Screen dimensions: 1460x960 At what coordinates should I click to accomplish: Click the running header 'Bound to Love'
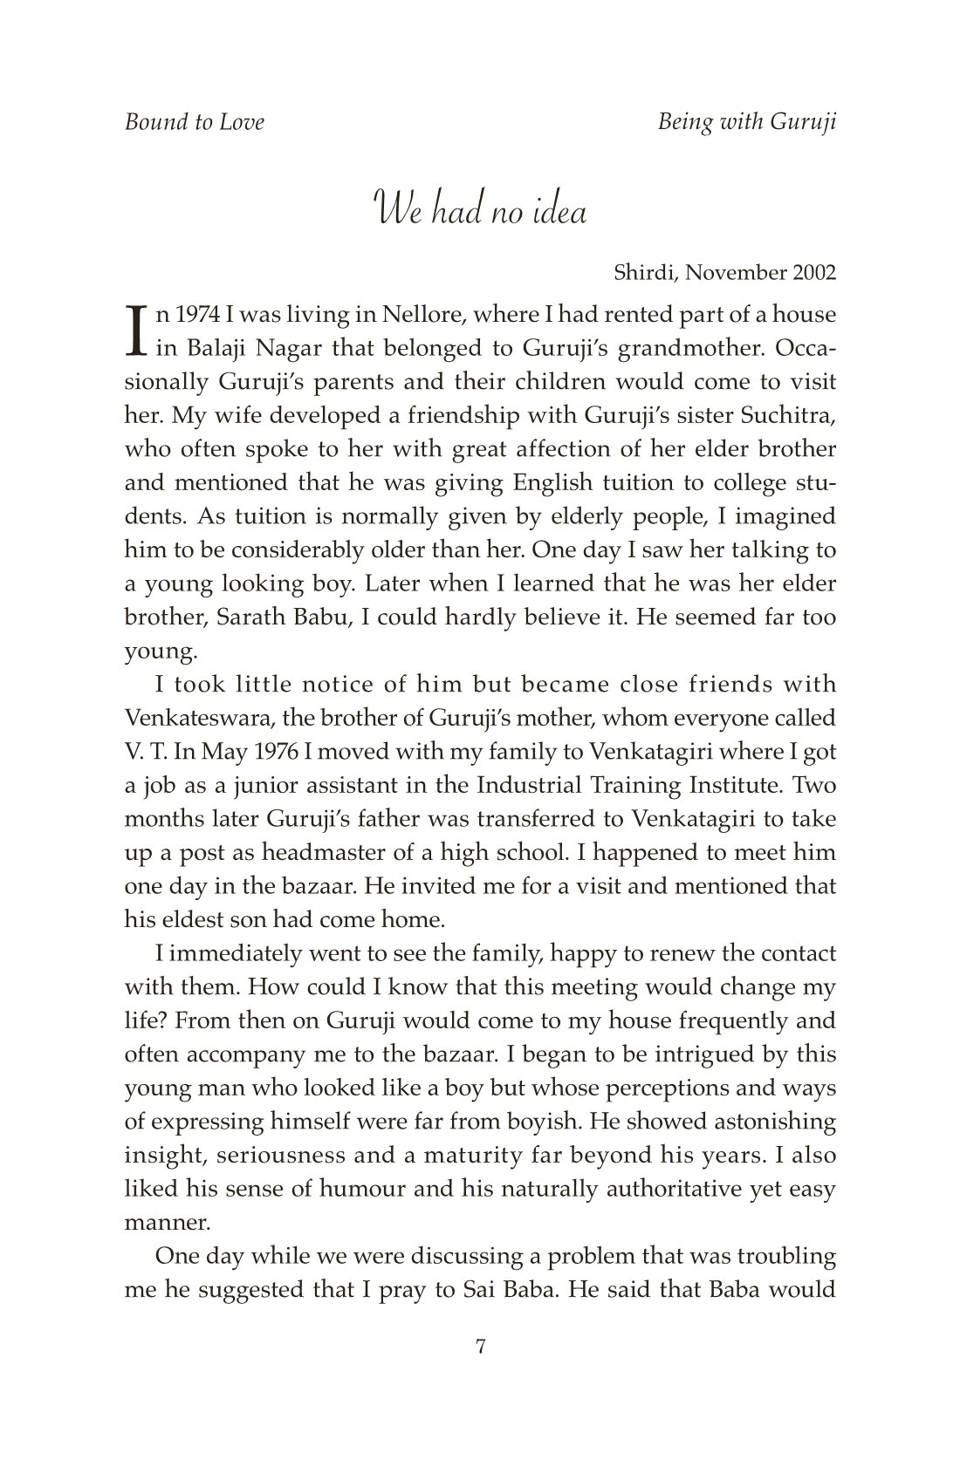(194, 121)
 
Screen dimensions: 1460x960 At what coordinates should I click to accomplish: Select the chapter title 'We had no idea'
(480, 213)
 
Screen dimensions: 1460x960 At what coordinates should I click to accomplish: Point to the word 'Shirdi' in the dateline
(645, 273)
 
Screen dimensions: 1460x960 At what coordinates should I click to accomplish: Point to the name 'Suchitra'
(795, 416)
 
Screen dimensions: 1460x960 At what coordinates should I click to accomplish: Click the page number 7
(480, 1347)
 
